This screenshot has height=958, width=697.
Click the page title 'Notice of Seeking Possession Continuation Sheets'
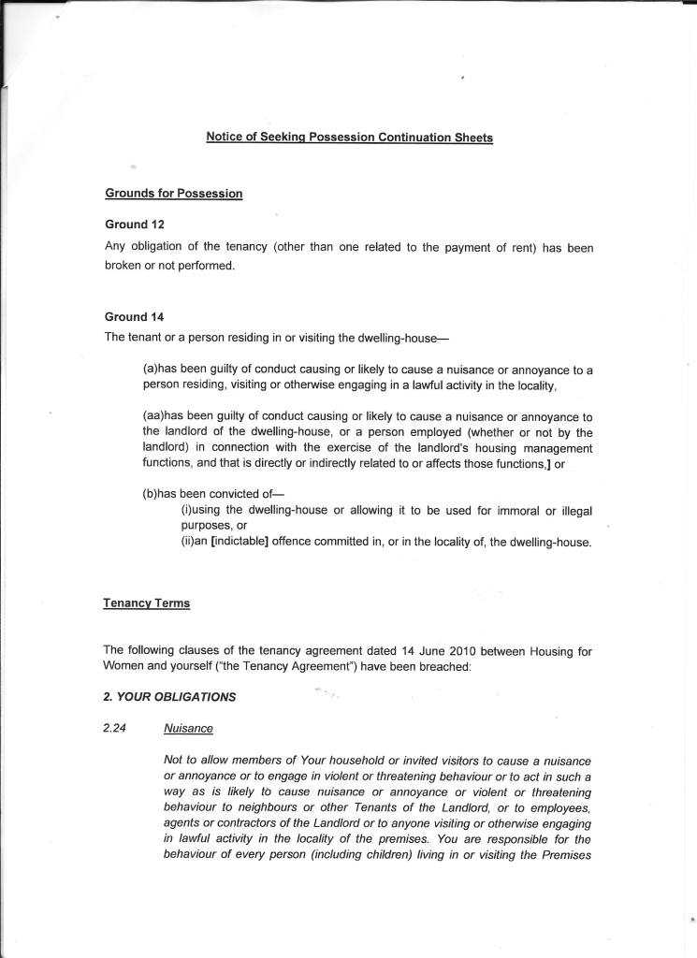[x=349, y=138]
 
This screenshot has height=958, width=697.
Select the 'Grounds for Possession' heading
[x=173, y=194]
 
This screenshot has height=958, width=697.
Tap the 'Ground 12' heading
[x=126, y=225]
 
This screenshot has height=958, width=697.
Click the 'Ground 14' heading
[x=126, y=316]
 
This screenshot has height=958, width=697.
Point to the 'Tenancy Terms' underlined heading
[x=146, y=603]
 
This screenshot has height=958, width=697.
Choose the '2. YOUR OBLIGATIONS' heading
[x=169, y=696]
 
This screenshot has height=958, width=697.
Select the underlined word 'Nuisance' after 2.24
[x=186, y=726]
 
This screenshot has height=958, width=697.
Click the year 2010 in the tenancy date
[x=463, y=650]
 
